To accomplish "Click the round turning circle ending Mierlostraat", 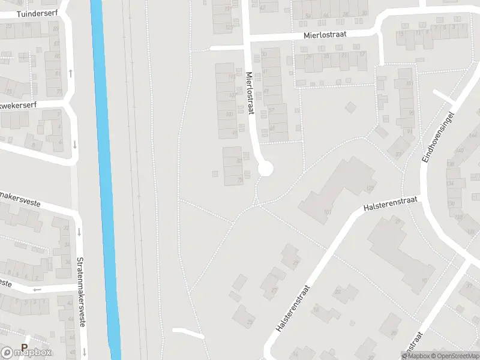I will tap(265, 169).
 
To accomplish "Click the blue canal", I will tap(104, 180).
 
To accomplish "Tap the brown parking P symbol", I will tap(25, 347).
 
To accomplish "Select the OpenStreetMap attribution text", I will tap(453, 356).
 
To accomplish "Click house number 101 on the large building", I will tap(328, 212).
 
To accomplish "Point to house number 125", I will tap(370, 188).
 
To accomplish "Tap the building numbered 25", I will tap(245, 316).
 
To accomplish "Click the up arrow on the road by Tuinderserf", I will tap(70, 73).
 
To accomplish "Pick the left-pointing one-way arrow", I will tap(37, 290).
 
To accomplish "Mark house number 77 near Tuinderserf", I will tap(58, 92).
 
